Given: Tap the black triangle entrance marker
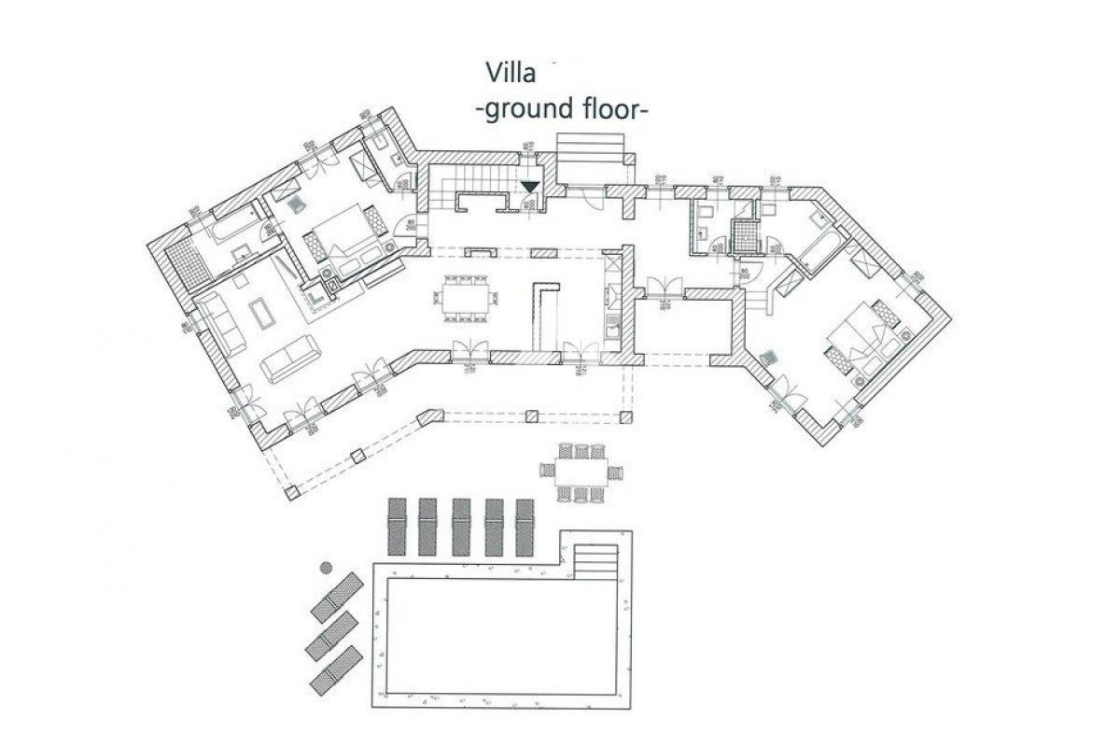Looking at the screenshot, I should click(x=529, y=187).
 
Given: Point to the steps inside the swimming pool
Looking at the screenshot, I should click(x=595, y=560).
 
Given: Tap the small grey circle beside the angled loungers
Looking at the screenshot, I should click(x=326, y=567).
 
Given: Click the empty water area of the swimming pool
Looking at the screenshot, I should click(x=504, y=635).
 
